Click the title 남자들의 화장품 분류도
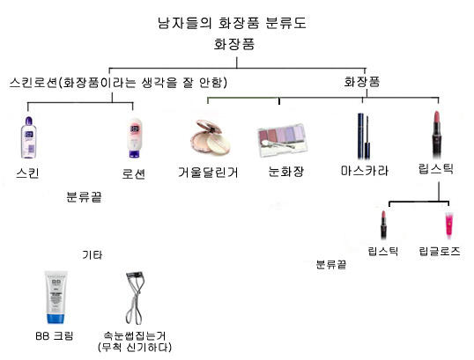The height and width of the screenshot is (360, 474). [x=232, y=23]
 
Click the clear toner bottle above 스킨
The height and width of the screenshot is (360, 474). [x=29, y=137]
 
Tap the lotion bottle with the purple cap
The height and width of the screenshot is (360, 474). [x=135, y=138]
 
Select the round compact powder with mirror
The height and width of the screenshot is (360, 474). [x=211, y=137]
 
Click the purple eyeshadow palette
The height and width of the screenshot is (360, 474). [x=283, y=141]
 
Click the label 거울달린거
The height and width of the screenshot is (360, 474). [x=208, y=173]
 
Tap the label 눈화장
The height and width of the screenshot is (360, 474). [x=286, y=172]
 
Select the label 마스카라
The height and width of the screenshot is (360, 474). [x=365, y=171]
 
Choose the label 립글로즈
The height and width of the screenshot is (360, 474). [x=440, y=251]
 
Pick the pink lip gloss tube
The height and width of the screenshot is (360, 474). [x=449, y=225]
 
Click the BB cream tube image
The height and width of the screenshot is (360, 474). [x=56, y=298]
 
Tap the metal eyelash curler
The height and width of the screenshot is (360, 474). [x=135, y=298]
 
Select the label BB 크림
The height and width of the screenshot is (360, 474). [x=55, y=336]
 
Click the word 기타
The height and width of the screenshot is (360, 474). [x=93, y=255]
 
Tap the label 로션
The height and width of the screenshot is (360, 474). [x=134, y=174]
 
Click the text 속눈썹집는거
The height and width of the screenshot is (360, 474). [x=135, y=335]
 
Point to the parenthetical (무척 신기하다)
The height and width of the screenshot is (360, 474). [x=135, y=348]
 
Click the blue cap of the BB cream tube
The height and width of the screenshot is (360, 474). [x=56, y=319]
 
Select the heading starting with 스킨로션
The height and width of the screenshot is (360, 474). [x=118, y=83]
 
